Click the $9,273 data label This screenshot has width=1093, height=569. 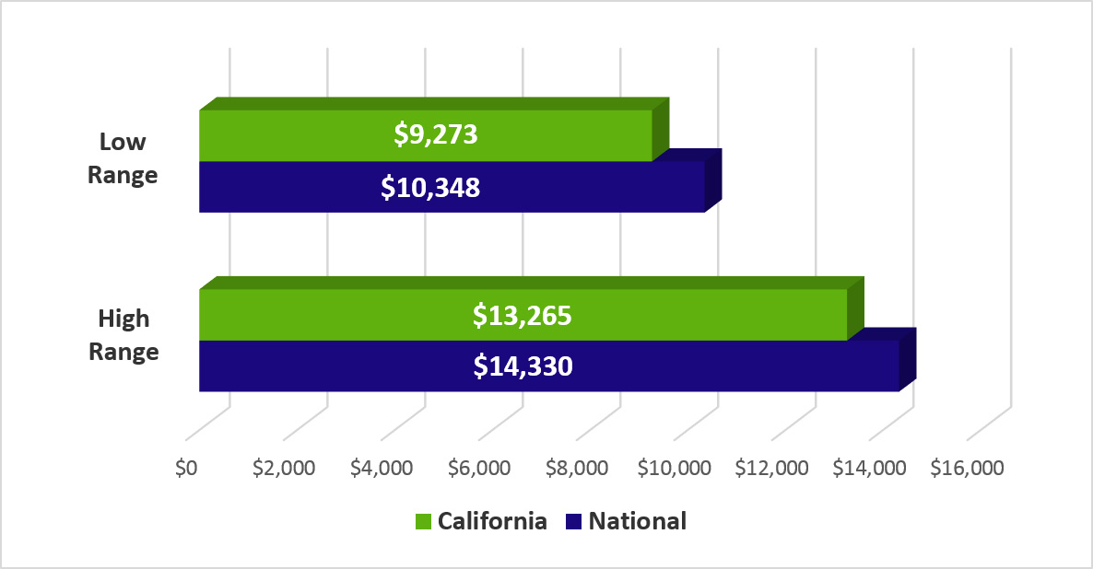tap(435, 134)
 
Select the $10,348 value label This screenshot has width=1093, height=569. tap(430, 187)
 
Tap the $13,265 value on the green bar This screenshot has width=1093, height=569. tap(523, 315)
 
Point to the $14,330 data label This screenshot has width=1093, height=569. tap(523, 366)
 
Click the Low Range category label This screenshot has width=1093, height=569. tap(123, 158)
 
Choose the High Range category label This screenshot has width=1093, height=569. tap(123, 335)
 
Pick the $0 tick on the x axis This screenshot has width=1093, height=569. tap(186, 468)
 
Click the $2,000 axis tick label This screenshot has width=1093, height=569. tap(284, 468)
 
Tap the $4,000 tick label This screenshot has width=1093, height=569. tap(382, 468)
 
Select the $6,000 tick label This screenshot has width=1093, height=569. tap(479, 468)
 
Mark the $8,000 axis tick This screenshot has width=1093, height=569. tap(577, 468)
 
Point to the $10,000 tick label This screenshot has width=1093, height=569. tap(675, 468)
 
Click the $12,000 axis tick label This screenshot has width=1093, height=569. tap(772, 468)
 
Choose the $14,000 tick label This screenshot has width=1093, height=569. tap(870, 468)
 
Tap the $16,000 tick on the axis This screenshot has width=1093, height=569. tap(967, 468)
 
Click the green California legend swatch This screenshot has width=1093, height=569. tap(424, 521)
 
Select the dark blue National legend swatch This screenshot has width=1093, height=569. tap(574, 521)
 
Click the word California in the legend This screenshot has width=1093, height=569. tap(492, 521)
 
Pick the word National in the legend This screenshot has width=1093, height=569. tap(638, 521)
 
